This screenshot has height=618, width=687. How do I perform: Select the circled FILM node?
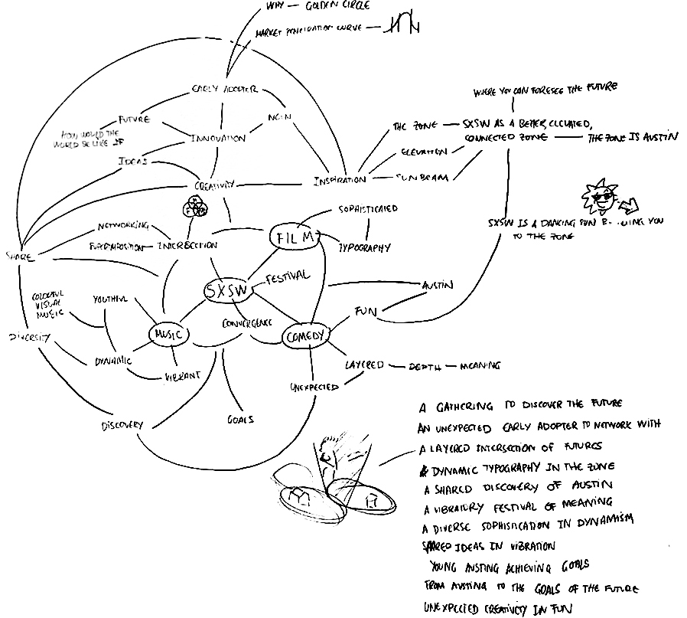point(294,237)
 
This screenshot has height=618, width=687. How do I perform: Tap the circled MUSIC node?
point(168,335)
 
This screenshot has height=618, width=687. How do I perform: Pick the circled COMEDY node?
point(306,335)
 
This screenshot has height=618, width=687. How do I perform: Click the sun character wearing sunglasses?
point(599,198)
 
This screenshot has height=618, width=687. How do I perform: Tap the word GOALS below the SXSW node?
point(240,419)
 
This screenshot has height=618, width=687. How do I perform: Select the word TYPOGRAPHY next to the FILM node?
point(365,247)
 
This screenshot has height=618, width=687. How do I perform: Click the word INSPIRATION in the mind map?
point(340,181)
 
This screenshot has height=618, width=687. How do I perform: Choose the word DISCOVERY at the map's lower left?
point(121,426)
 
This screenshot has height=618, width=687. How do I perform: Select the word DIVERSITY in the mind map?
point(28,337)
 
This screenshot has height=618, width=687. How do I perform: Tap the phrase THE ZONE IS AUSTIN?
point(632,139)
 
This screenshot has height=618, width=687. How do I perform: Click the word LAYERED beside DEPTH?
point(363,365)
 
